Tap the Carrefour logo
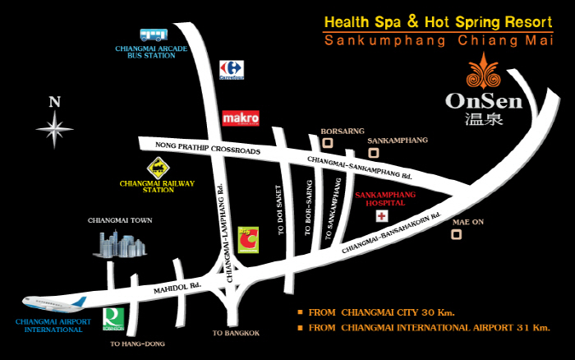(231, 70)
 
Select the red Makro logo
(241, 118)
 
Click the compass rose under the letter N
(55, 130)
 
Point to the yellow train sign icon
(156, 168)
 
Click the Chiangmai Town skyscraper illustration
(120, 243)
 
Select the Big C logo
(247, 240)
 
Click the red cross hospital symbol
(381, 216)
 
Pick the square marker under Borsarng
(327, 143)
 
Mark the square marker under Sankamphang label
(374, 153)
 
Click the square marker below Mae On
(457, 234)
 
